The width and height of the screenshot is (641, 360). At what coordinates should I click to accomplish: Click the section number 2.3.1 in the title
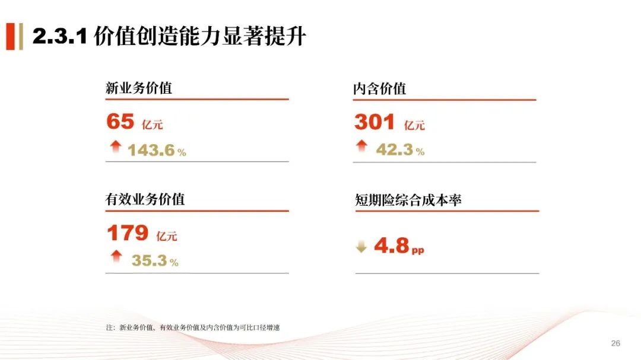click(x=60, y=36)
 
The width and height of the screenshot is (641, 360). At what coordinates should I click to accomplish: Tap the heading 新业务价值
click(x=138, y=88)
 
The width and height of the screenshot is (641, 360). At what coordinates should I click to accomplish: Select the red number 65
click(x=120, y=122)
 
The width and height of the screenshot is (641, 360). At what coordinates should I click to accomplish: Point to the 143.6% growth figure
click(x=157, y=151)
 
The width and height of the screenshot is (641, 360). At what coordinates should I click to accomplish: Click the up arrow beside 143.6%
click(x=116, y=146)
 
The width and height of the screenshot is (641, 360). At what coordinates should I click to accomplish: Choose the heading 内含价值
click(x=379, y=89)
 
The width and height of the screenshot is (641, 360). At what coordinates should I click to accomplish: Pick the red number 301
click(x=375, y=122)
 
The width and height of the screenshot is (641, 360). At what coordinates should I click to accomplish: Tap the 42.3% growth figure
click(x=400, y=149)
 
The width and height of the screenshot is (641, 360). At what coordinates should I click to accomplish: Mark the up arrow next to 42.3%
click(x=361, y=146)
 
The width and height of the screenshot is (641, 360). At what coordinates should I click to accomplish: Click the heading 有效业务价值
click(x=145, y=199)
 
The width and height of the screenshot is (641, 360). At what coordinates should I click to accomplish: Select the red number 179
click(x=128, y=233)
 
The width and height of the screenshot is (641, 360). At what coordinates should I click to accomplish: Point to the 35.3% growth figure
click(x=155, y=261)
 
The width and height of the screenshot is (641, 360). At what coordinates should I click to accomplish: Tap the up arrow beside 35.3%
click(x=116, y=256)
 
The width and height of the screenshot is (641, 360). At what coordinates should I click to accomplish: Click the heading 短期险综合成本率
click(x=408, y=200)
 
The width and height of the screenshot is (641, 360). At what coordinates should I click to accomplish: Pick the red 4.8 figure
click(x=391, y=245)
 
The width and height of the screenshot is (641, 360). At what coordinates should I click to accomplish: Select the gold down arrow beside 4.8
click(x=361, y=246)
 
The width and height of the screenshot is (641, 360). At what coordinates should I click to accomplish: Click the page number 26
click(x=615, y=343)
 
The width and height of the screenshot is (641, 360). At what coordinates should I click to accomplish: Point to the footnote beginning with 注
click(x=193, y=327)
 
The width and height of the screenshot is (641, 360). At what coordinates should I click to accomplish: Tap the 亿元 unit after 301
click(x=414, y=125)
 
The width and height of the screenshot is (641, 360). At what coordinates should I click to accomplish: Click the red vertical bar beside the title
click(x=11, y=36)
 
